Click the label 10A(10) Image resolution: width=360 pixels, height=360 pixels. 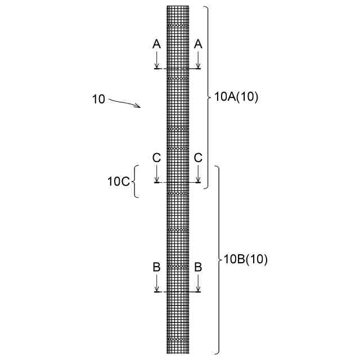pos(236,97)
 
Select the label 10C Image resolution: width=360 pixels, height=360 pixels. pos(119,181)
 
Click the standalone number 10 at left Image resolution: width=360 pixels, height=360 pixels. pos(98,100)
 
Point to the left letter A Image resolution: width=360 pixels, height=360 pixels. pos(157,43)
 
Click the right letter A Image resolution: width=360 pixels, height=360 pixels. pos(198,43)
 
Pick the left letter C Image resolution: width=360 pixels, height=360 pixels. pos(157,158)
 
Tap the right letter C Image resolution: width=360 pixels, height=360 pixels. pos(198,158)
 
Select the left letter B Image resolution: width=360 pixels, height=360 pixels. pos(157,267)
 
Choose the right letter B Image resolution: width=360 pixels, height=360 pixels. pos(198,267)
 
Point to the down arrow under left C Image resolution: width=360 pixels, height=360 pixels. pos(157,174)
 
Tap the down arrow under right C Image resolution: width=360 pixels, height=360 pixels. pos(198,174)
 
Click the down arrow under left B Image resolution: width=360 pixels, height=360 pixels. pos(157,283)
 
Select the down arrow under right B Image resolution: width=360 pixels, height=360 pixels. pos(198,283)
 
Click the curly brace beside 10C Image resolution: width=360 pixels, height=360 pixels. pos(135,181)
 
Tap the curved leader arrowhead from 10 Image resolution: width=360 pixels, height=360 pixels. pos(138,106)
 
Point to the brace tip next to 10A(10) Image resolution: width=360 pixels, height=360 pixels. pos(211,97)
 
